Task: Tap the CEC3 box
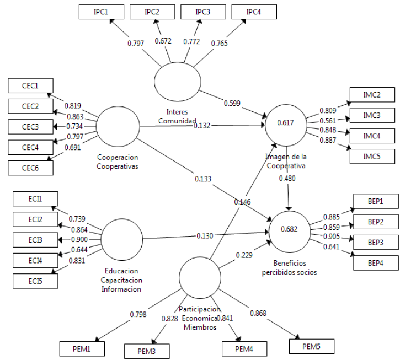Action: tap(31, 126)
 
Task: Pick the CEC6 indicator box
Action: tap(31, 168)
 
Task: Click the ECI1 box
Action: tap(34, 198)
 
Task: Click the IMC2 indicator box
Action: tap(371, 95)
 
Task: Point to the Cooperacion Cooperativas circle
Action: tap(118, 126)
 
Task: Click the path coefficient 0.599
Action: tap(232, 103)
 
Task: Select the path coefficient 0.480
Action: tap(287, 178)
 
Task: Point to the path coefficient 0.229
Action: tap(244, 255)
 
